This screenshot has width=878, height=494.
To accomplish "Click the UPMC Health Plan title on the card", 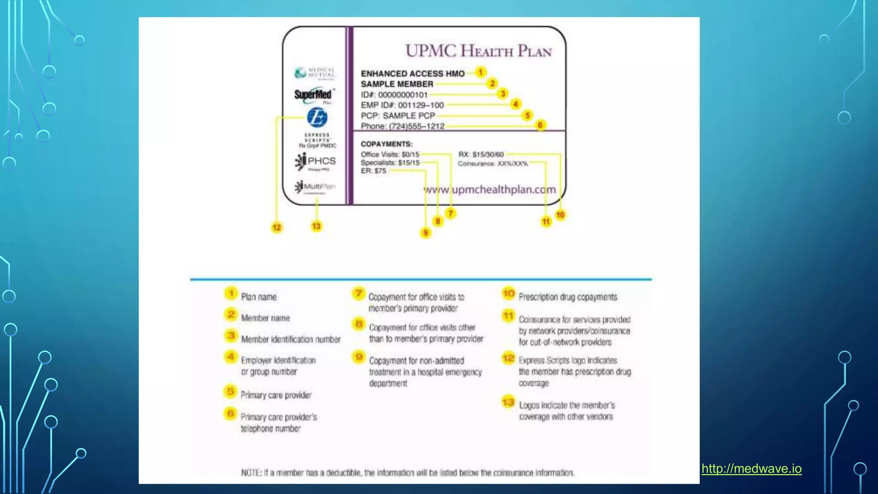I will click(478, 51).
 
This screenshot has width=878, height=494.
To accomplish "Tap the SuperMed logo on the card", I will click(313, 95).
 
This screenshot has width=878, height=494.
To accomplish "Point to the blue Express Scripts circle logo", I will click(317, 117).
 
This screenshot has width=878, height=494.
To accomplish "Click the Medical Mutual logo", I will click(315, 73).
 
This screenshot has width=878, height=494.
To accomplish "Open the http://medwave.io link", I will click(751, 469).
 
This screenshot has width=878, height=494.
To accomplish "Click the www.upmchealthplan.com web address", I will click(490, 190).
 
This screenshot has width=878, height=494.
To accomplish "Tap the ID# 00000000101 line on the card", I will click(394, 95).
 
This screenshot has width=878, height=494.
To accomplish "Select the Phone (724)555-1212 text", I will click(403, 126).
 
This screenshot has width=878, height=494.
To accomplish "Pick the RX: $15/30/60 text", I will click(481, 154).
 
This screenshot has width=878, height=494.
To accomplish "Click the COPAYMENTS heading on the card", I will click(386, 144).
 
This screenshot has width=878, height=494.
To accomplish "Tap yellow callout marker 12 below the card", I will click(277, 228).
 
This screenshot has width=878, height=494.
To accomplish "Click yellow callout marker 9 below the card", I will click(425, 233).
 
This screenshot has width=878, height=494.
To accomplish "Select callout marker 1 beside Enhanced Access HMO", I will click(481, 72).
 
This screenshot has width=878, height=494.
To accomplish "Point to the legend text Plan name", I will click(259, 297).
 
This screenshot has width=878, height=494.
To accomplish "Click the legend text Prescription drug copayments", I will click(568, 297).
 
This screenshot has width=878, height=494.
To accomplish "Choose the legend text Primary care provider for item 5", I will click(276, 395).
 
